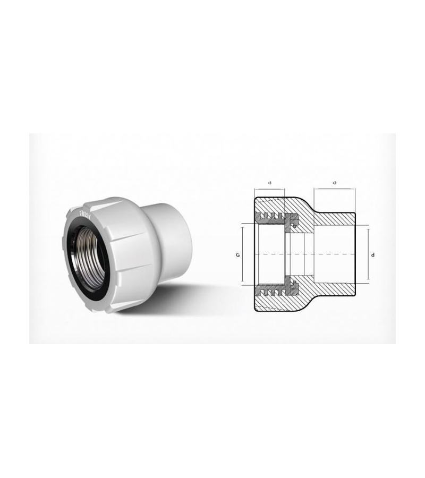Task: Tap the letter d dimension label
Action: point(373,255)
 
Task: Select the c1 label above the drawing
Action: point(270,183)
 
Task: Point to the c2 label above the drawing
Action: point(335,183)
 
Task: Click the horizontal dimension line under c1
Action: point(270,189)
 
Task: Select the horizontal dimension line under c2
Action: point(335,189)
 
